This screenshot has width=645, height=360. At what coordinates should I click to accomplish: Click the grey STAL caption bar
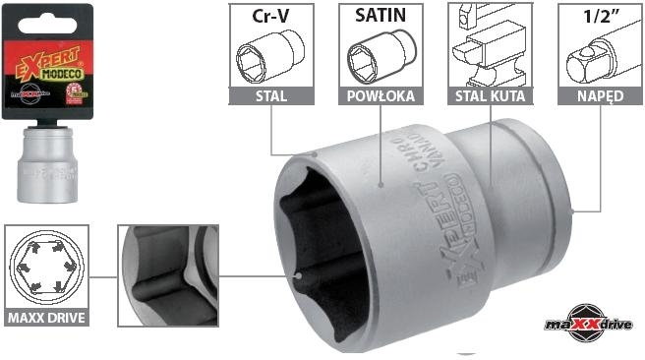point(270,96)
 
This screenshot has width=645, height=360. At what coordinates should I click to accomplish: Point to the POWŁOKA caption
point(381,96)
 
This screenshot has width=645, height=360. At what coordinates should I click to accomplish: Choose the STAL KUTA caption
point(490,96)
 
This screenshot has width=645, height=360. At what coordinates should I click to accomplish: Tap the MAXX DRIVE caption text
point(46,318)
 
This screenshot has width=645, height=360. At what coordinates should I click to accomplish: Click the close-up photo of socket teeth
point(166,275)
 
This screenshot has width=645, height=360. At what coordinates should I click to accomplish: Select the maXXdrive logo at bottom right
point(587,323)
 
